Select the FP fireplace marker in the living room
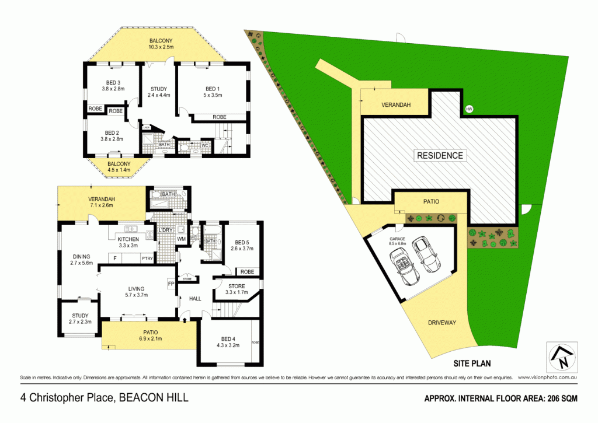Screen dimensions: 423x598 [171, 284]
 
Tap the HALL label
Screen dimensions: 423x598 [194, 299]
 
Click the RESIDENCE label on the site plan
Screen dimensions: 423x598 [440, 156]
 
